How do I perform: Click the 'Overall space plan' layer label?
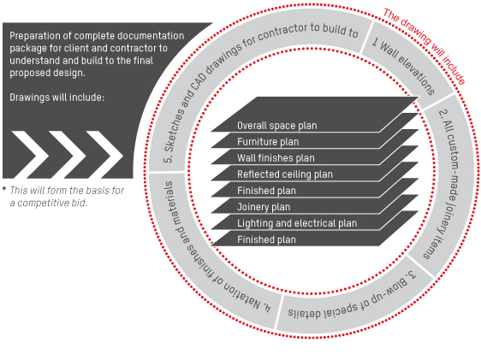(277, 126)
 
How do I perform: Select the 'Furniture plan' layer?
(268, 142)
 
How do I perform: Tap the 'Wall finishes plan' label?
(276, 158)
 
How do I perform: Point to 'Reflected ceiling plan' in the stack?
(285, 174)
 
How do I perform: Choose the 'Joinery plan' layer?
(264, 207)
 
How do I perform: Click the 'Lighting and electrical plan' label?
(297, 223)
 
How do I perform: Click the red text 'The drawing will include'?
(425, 46)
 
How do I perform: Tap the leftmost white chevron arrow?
(30, 155)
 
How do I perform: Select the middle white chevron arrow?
(67, 155)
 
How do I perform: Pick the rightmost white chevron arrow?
(104, 155)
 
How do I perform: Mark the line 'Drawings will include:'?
(57, 97)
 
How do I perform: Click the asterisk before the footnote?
(4, 188)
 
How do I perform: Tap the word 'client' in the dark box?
(79, 49)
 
